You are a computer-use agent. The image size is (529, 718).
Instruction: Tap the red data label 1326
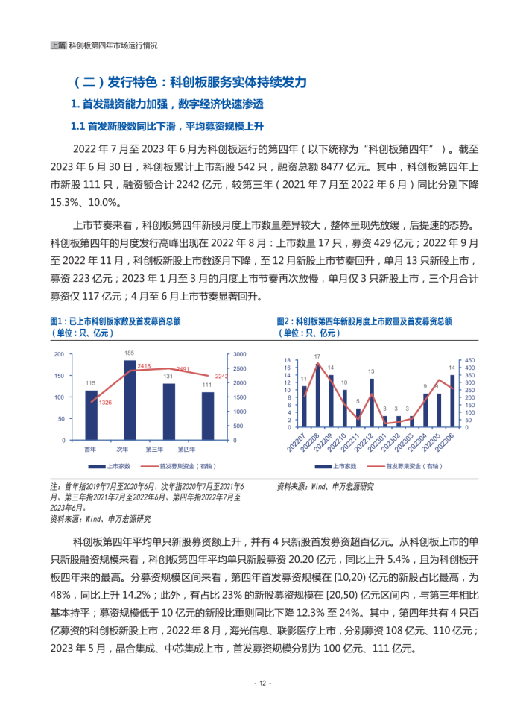point(104,403)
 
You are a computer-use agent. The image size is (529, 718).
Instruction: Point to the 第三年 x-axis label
point(154,448)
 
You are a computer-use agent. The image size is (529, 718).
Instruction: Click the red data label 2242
point(221,376)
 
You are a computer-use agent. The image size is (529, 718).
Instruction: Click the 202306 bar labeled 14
point(452,401)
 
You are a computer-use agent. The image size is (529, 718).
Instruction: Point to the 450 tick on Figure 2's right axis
point(470,361)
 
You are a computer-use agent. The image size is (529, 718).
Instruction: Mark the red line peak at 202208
point(317,365)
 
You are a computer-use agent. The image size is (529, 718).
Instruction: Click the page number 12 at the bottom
point(264,684)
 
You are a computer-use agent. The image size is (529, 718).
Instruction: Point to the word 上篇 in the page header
point(58,45)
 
